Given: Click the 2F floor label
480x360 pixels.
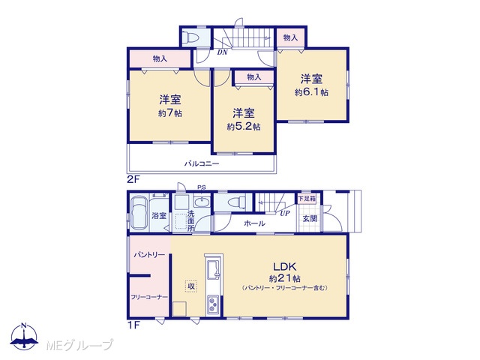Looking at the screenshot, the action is [133, 179].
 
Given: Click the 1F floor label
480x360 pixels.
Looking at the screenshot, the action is [133, 325].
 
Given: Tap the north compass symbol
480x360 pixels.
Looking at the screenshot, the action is [24, 336].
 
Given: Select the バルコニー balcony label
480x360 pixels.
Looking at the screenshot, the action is [202, 163].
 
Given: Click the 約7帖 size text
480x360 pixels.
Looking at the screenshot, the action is [170, 113].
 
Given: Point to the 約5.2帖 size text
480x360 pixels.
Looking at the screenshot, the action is [244, 127].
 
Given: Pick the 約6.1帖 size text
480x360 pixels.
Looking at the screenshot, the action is [311, 92].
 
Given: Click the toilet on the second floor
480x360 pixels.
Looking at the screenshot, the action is [190, 38].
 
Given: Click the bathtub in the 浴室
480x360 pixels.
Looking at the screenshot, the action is [139, 213].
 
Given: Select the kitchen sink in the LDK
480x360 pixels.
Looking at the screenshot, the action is [214, 269].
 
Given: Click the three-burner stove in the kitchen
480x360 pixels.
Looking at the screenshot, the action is [213, 304].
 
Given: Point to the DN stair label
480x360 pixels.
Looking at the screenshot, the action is [223, 52].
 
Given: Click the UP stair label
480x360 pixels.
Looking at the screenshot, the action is [284, 213].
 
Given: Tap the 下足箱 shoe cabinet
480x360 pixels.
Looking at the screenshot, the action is [307, 198].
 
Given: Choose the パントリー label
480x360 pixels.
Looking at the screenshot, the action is [149, 255].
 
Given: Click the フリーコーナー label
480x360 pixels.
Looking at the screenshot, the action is [149, 297].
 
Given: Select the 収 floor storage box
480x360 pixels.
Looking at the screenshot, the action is [191, 286].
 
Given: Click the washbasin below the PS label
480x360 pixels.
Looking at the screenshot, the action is [202, 202].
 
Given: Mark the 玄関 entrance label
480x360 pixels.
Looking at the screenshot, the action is [310, 218].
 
